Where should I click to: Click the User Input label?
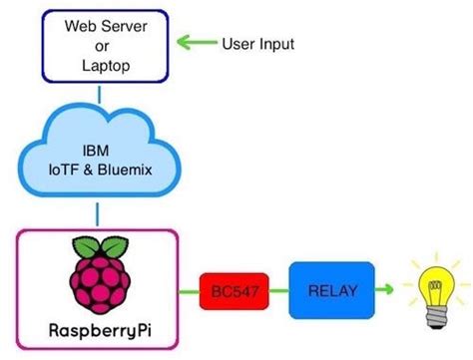pos(257,45)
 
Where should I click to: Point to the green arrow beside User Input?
pos(197,44)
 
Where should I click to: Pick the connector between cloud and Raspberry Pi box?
pos(97,213)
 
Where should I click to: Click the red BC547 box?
pos(231,290)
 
